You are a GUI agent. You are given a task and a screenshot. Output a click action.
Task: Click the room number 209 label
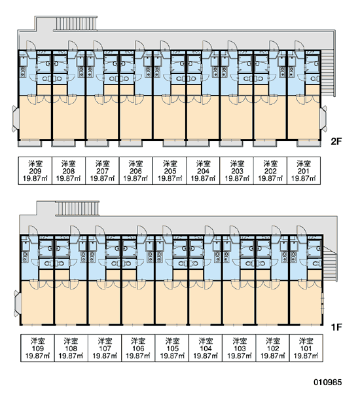pos(35,171)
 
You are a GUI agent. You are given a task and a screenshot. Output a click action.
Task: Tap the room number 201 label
pos(304,171)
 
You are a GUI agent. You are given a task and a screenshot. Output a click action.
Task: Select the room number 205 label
pos(170,171)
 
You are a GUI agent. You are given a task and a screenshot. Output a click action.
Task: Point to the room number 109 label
pos(37,348)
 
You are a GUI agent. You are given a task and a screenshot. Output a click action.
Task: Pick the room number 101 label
pos(306,348)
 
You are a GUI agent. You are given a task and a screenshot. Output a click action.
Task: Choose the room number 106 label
pos(138,348)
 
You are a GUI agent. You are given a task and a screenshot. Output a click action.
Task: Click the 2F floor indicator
pos(336,141)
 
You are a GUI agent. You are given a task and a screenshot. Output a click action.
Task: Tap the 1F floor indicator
pos(336,327)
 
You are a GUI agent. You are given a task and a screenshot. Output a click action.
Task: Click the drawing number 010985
pos(327,383)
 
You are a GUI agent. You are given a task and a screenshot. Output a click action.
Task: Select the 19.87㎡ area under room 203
pos(237,178)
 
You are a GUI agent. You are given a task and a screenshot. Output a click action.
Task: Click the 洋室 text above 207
pos(103,164)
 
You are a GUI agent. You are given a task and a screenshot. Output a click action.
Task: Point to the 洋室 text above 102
pos(273,341)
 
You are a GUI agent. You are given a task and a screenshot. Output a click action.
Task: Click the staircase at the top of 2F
pos(76,24)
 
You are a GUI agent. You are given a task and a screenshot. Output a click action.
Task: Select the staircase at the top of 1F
pos(77,208)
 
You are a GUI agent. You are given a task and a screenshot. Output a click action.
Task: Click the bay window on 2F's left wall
pos(15,119)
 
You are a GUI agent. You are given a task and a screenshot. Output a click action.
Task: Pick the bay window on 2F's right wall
pos(323,119)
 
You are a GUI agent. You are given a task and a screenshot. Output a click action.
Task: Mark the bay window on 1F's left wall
pos(17,303)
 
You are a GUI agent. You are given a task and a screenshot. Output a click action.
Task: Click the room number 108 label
pos(71,348)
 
